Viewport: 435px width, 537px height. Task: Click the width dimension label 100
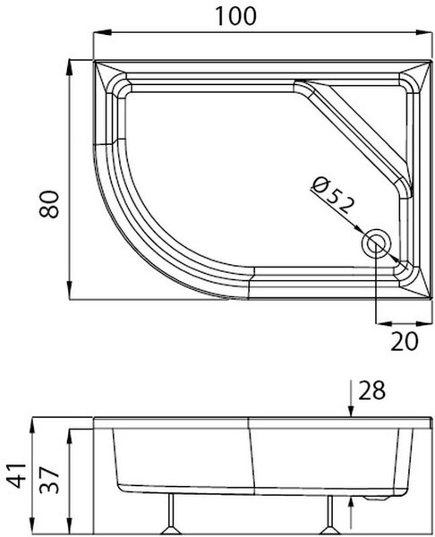[x=235, y=16]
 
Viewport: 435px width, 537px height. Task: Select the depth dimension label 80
[x=49, y=204]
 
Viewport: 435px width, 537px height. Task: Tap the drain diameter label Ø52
[x=332, y=196]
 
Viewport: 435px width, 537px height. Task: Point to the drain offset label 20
[x=405, y=341]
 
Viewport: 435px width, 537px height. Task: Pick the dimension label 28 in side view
[x=371, y=390]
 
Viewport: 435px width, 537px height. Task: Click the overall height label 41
[x=17, y=475]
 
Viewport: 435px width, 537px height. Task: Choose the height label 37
[x=49, y=479]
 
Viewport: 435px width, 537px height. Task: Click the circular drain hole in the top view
[x=377, y=243]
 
